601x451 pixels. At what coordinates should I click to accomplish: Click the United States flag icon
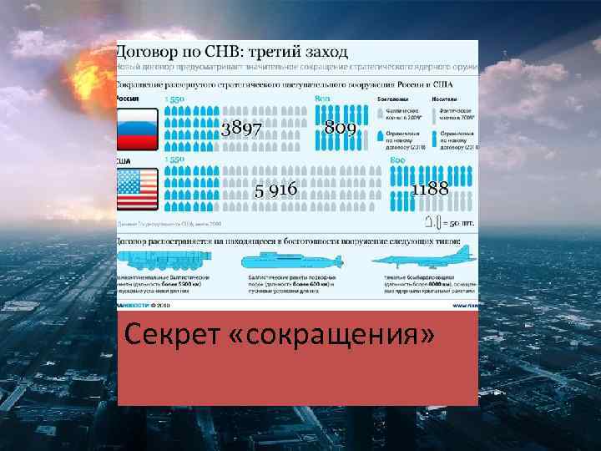pos(138,189)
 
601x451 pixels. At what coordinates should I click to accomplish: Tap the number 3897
pos(241,128)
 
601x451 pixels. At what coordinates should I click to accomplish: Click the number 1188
pos(430,189)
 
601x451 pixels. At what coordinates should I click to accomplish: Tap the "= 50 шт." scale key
pos(459,223)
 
